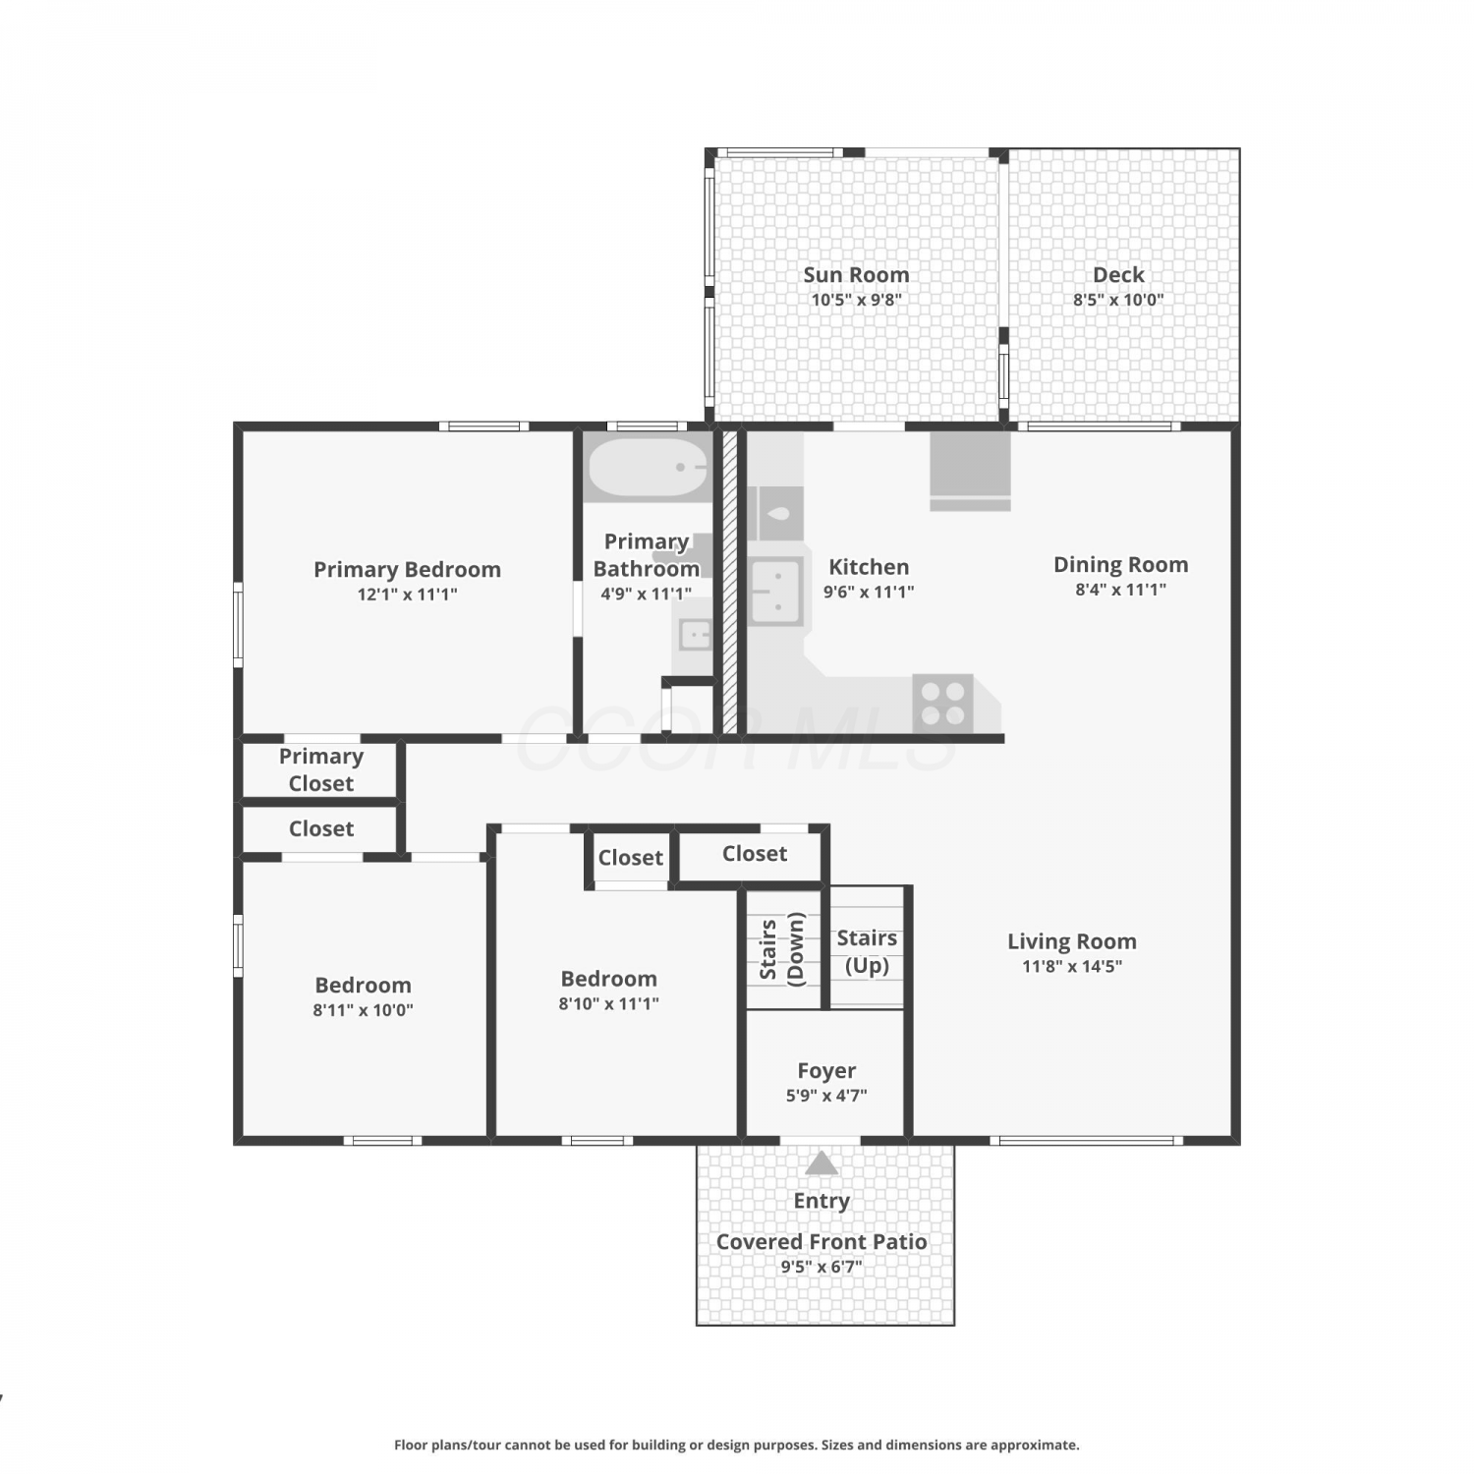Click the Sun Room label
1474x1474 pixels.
(x=856, y=275)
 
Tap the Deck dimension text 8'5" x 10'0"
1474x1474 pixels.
(x=1118, y=300)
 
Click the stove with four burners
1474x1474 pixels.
(x=942, y=703)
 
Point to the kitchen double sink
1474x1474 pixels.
(x=776, y=593)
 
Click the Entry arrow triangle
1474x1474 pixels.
(x=822, y=1162)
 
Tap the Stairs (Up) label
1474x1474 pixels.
(x=867, y=951)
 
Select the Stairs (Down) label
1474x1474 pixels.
(x=783, y=948)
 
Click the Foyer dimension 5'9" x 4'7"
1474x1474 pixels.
(x=826, y=1096)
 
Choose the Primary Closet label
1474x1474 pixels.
(x=321, y=769)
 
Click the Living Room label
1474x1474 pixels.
(x=1072, y=941)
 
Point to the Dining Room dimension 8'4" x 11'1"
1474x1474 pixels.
(x=1121, y=590)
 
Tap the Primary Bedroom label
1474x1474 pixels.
(x=407, y=570)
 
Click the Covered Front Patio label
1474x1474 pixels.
(x=822, y=1242)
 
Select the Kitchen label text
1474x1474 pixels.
(x=869, y=567)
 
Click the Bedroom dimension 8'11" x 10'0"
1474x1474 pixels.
(x=363, y=1010)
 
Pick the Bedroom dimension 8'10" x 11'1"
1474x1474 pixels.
(x=609, y=1003)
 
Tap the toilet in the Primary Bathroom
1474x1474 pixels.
(x=700, y=556)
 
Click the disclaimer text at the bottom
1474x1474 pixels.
(x=737, y=1445)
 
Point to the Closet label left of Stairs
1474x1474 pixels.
(x=631, y=858)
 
